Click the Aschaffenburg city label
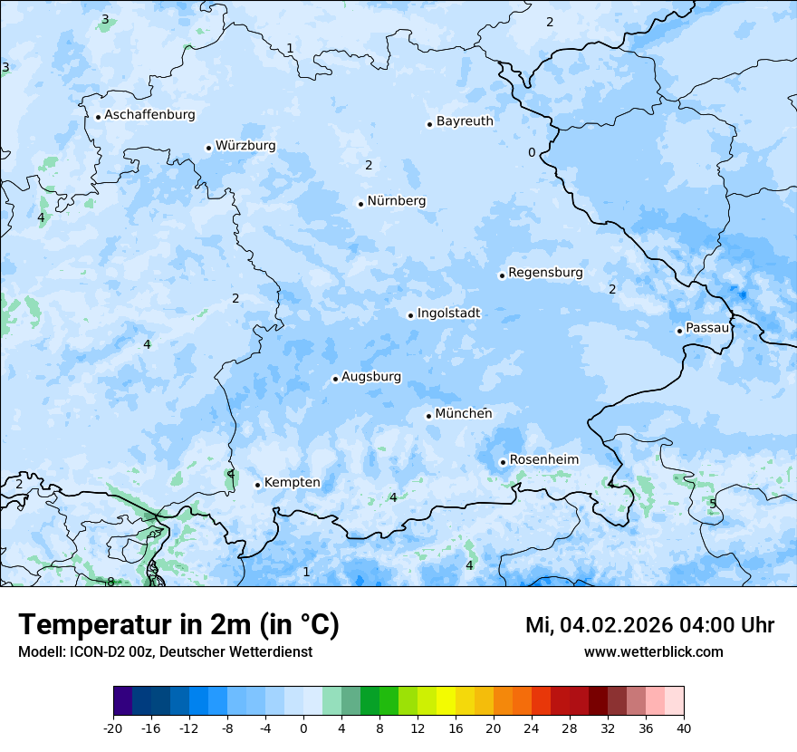149,115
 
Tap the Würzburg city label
245,146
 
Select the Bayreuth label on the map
465,121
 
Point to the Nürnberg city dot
360,204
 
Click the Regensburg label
545,273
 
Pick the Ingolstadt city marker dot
410,316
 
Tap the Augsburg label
371,377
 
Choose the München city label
464,414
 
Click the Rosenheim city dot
503,463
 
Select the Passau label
707,328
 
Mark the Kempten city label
292,483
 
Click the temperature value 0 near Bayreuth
532,152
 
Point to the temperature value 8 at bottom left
110,582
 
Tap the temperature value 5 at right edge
713,504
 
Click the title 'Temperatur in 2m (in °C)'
178,625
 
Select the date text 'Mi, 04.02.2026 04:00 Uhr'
649,625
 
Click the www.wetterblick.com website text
653,652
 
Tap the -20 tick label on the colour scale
113,728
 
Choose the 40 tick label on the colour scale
683,728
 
